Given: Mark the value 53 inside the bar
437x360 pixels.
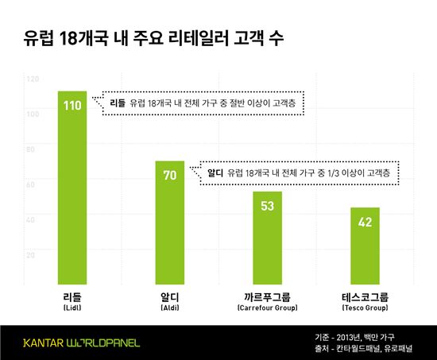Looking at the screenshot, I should point(266,205).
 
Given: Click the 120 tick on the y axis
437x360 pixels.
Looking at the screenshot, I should point(33,79).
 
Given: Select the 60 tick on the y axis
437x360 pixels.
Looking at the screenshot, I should point(33,184).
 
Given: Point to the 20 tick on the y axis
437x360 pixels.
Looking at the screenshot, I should point(33,254).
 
